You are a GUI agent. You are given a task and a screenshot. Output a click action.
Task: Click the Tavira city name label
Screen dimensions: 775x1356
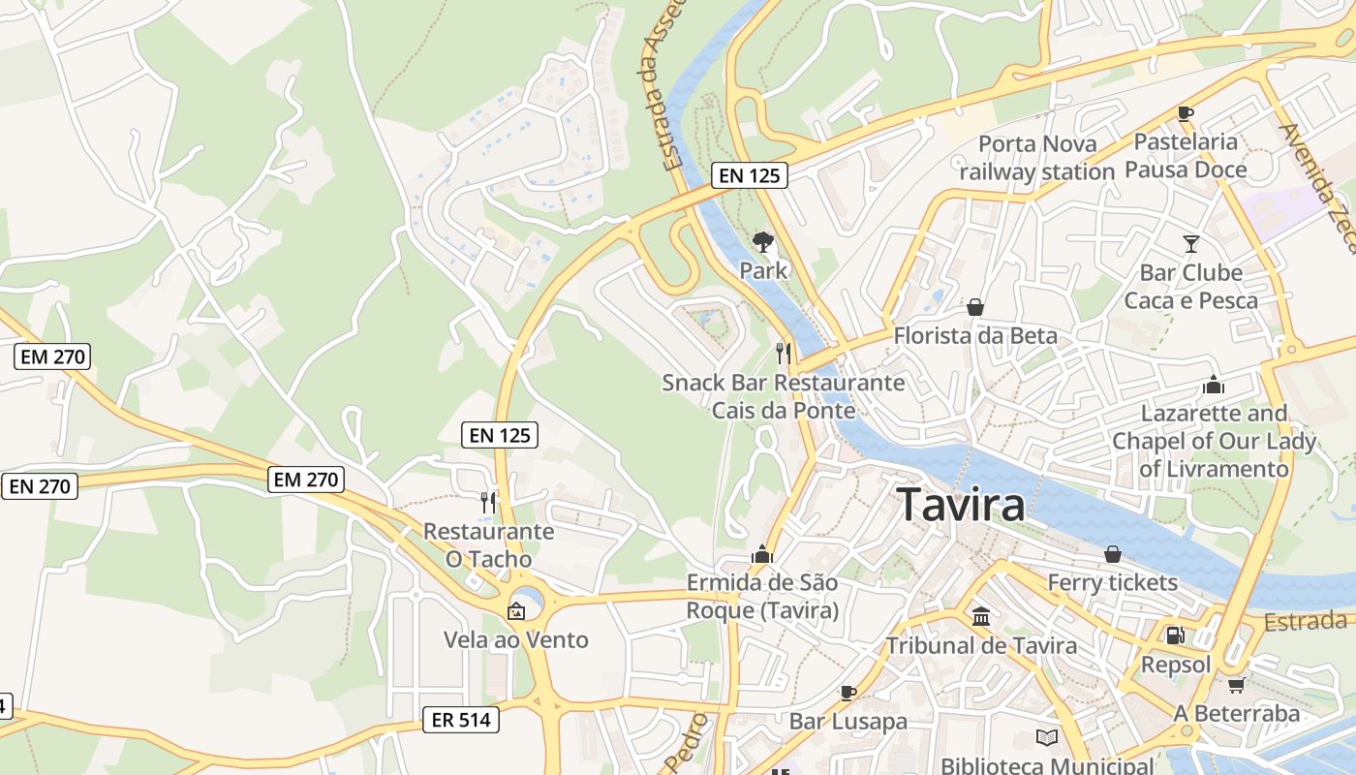pyautogui.click(x=960, y=506)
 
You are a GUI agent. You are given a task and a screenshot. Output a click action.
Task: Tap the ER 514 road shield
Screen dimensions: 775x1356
pyautogui.click(x=461, y=719)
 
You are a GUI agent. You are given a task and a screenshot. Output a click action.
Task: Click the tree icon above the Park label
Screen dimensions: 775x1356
pyautogui.click(x=763, y=241)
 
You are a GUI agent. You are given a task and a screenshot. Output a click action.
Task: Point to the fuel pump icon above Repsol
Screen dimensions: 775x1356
pyautogui.click(x=1175, y=635)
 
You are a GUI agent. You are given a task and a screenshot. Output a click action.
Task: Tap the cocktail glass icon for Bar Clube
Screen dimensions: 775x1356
pyautogui.click(x=1190, y=244)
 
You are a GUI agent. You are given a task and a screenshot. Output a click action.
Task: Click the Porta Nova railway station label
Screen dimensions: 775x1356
pyautogui.click(x=1036, y=158)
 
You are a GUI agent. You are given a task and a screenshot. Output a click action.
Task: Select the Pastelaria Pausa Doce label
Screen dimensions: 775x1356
pyautogui.click(x=1186, y=156)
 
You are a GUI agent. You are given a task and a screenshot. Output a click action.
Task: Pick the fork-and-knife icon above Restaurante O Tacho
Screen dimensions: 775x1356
pyautogui.click(x=488, y=502)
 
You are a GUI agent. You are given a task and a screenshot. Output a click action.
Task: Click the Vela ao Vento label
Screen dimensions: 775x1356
pyautogui.click(x=515, y=640)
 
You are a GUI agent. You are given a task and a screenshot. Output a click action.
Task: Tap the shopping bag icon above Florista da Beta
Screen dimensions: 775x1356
pyautogui.click(x=975, y=307)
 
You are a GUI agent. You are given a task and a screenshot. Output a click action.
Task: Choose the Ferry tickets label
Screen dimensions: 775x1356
pyautogui.click(x=1112, y=582)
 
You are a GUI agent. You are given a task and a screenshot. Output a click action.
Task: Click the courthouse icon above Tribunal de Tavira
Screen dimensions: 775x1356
pyautogui.click(x=981, y=617)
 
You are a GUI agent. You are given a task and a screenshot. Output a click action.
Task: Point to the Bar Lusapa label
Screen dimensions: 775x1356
pyautogui.click(x=847, y=721)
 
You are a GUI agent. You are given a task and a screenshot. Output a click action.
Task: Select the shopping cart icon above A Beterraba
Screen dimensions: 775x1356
pyautogui.click(x=1236, y=685)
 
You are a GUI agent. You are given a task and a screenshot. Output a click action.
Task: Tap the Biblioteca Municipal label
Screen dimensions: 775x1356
pyautogui.click(x=1047, y=765)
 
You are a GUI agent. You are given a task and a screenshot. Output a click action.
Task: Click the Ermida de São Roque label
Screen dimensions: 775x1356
pyautogui.click(x=762, y=597)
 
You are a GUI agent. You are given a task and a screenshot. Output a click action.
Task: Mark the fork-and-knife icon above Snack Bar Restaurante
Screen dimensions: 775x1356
pyautogui.click(x=784, y=353)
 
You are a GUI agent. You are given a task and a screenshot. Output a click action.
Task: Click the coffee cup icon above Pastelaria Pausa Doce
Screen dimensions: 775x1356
pyautogui.click(x=1186, y=113)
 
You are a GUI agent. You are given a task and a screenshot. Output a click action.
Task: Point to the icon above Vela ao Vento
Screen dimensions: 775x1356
pyautogui.click(x=516, y=611)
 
